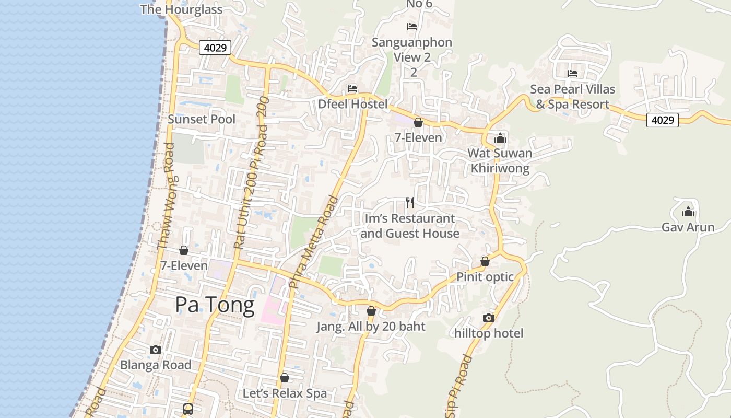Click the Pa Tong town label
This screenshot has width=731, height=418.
pyautogui.click(x=215, y=304)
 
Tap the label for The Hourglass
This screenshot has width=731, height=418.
pyautogui.click(x=181, y=9)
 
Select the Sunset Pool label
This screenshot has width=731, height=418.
pyautogui.click(x=202, y=119)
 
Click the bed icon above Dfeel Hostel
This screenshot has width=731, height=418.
pyautogui.click(x=352, y=88)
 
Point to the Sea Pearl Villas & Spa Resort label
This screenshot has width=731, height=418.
pyautogui.click(x=573, y=97)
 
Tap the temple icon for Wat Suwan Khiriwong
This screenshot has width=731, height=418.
pyautogui.click(x=500, y=137)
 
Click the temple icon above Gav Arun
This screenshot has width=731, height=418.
pyautogui.click(x=688, y=212)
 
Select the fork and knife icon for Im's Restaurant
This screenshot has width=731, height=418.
pyautogui.click(x=410, y=202)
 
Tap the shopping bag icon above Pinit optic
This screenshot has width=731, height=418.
pyautogui.click(x=485, y=261)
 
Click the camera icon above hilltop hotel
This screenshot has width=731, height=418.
pyautogui.click(x=488, y=318)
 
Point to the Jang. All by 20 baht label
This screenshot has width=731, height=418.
pyautogui.click(x=371, y=327)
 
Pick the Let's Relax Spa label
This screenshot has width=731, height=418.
pyautogui.click(x=285, y=393)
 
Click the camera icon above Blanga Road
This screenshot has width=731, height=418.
pyautogui.click(x=155, y=350)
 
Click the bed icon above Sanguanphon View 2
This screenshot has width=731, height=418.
pyautogui.click(x=412, y=26)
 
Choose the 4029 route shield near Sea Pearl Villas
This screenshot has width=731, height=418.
pyautogui.click(x=662, y=120)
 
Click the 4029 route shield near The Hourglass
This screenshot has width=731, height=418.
pyautogui.click(x=215, y=48)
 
